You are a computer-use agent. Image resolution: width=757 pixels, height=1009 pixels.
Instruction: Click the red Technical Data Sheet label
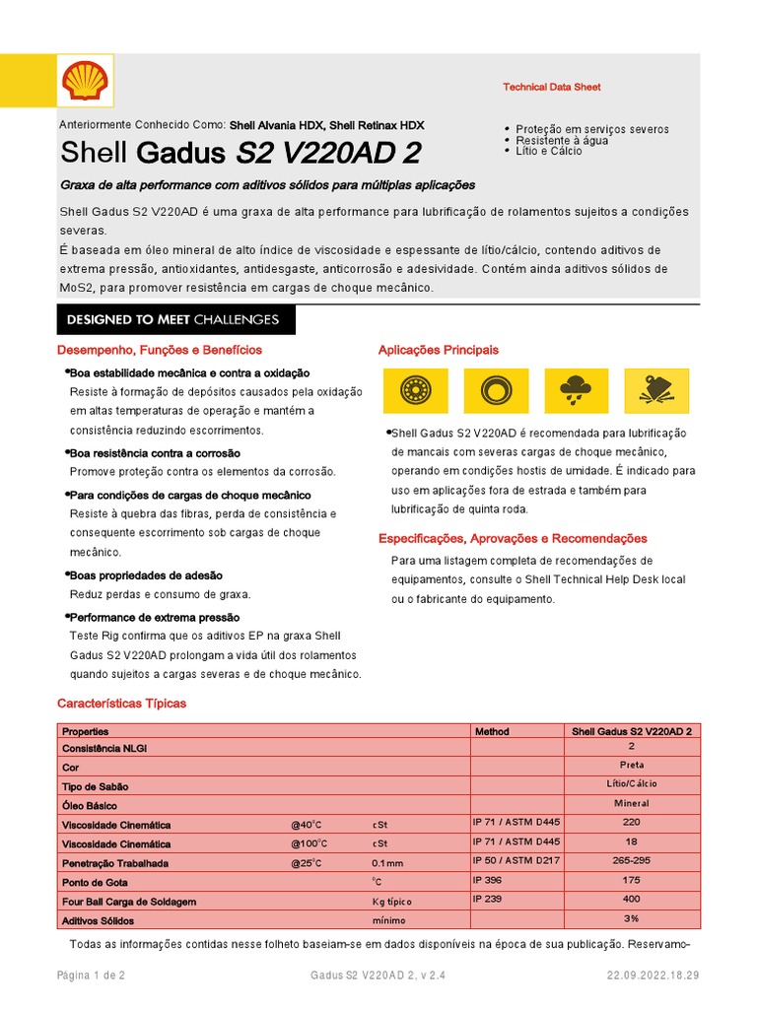click(x=551, y=87)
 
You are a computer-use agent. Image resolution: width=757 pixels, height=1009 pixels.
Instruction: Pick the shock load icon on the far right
click(x=655, y=391)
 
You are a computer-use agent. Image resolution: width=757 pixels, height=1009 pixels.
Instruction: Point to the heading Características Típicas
click(x=121, y=704)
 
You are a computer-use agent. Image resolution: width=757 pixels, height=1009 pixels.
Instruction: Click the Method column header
click(x=492, y=732)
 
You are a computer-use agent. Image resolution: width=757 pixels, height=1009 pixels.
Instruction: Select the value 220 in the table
click(x=632, y=822)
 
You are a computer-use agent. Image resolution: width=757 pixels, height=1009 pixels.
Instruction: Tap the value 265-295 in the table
click(x=632, y=861)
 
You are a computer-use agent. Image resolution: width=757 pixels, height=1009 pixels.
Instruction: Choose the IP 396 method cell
click(x=488, y=879)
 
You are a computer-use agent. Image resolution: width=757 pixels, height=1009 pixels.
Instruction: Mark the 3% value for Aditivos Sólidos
click(x=632, y=918)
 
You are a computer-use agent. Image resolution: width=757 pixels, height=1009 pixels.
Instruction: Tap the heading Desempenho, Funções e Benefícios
click(x=159, y=350)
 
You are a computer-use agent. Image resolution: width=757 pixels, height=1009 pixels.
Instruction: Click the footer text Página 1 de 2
click(x=91, y=975)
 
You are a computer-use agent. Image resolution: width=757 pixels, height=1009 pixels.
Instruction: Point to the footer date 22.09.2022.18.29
click(x=653, y=975)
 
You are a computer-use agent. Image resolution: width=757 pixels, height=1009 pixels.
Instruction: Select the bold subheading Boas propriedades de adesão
click(x=146, y=574)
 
